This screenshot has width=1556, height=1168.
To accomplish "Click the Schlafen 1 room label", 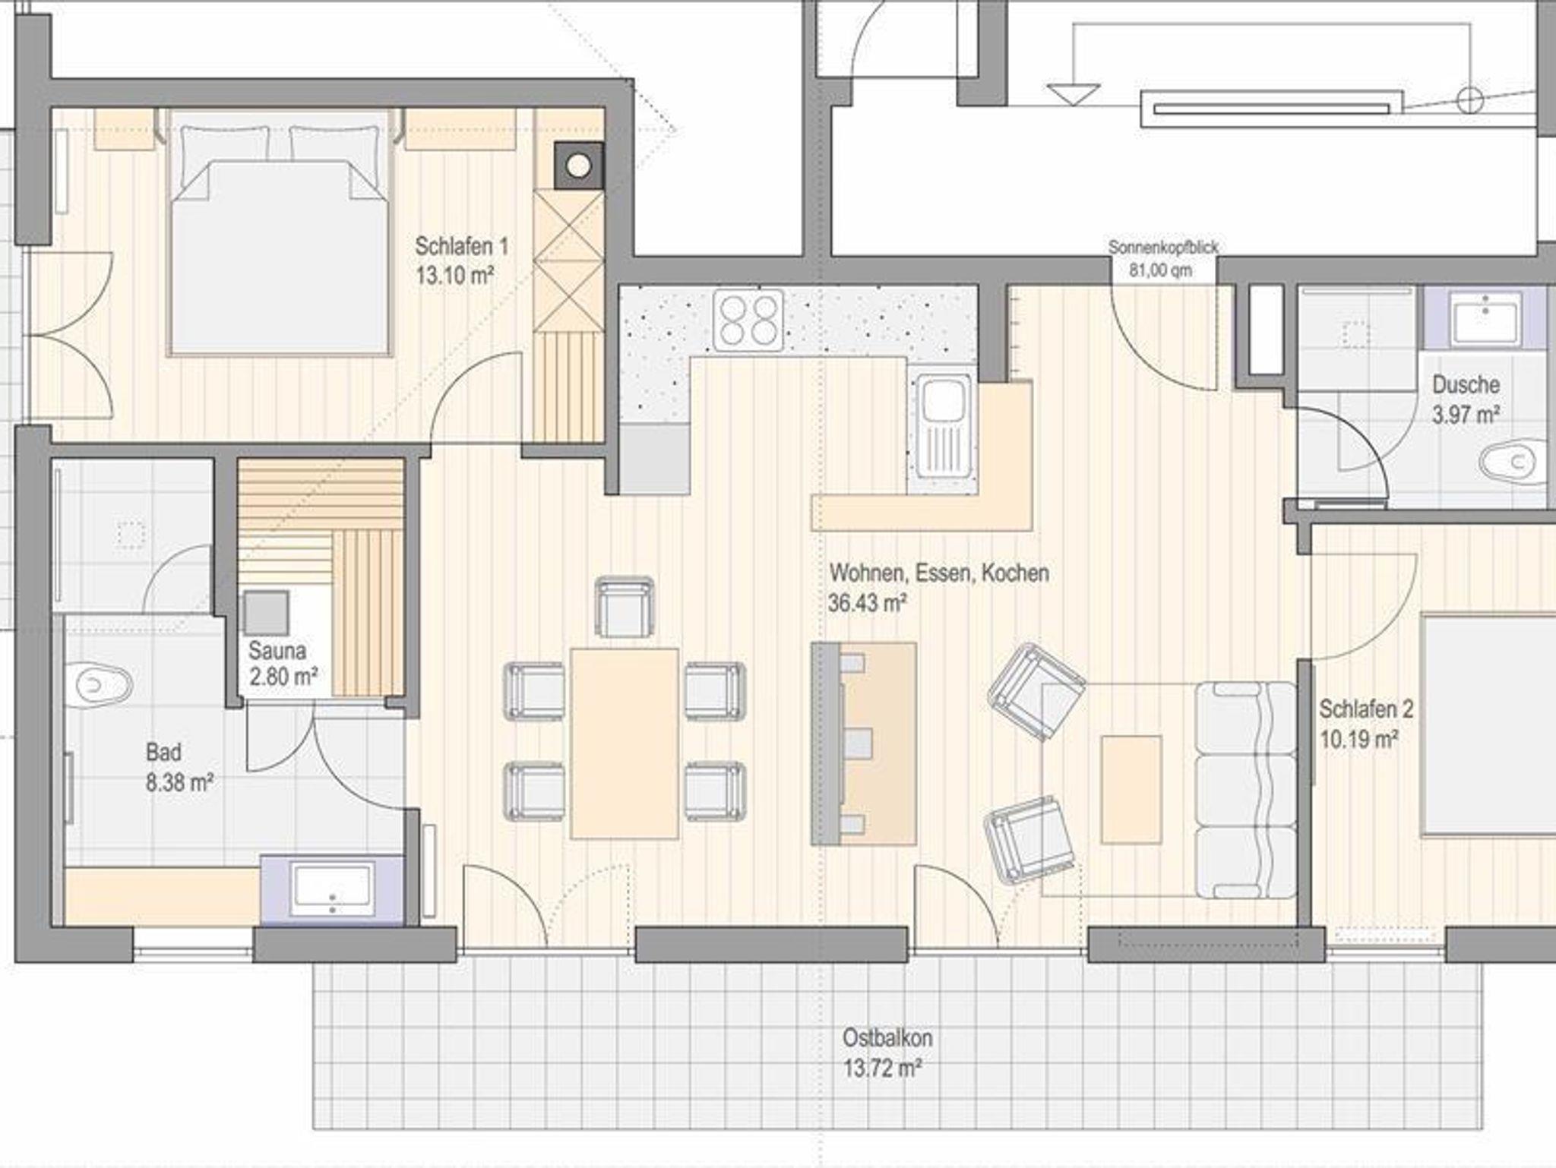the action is pos(461,246).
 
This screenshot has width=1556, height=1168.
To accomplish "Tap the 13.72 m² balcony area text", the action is pos(882,1069).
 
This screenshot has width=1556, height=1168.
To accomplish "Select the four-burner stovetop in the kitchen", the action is pos(748,320).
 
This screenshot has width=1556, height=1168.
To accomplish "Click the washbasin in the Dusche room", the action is pos(1485,319).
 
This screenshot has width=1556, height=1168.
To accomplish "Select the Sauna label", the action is pos(277,650).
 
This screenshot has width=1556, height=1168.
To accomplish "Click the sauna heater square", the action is pos(265,612).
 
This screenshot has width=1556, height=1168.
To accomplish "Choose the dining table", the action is pos(625,743).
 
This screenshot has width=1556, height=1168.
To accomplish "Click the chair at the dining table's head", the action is pos(625,607).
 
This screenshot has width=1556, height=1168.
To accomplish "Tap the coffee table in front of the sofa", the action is pos(1131,789).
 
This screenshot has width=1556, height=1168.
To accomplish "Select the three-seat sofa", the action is pos(1246,790).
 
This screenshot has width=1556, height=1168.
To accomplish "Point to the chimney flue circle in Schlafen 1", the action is pos(579,166).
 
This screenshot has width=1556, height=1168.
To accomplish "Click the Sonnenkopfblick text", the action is pos(1162,247).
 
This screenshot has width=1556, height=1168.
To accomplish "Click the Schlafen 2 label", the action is pos(1366,709).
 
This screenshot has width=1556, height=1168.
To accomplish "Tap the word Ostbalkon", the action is pos(887,1037).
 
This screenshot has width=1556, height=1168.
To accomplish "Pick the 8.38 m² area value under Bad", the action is pos(179,782).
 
